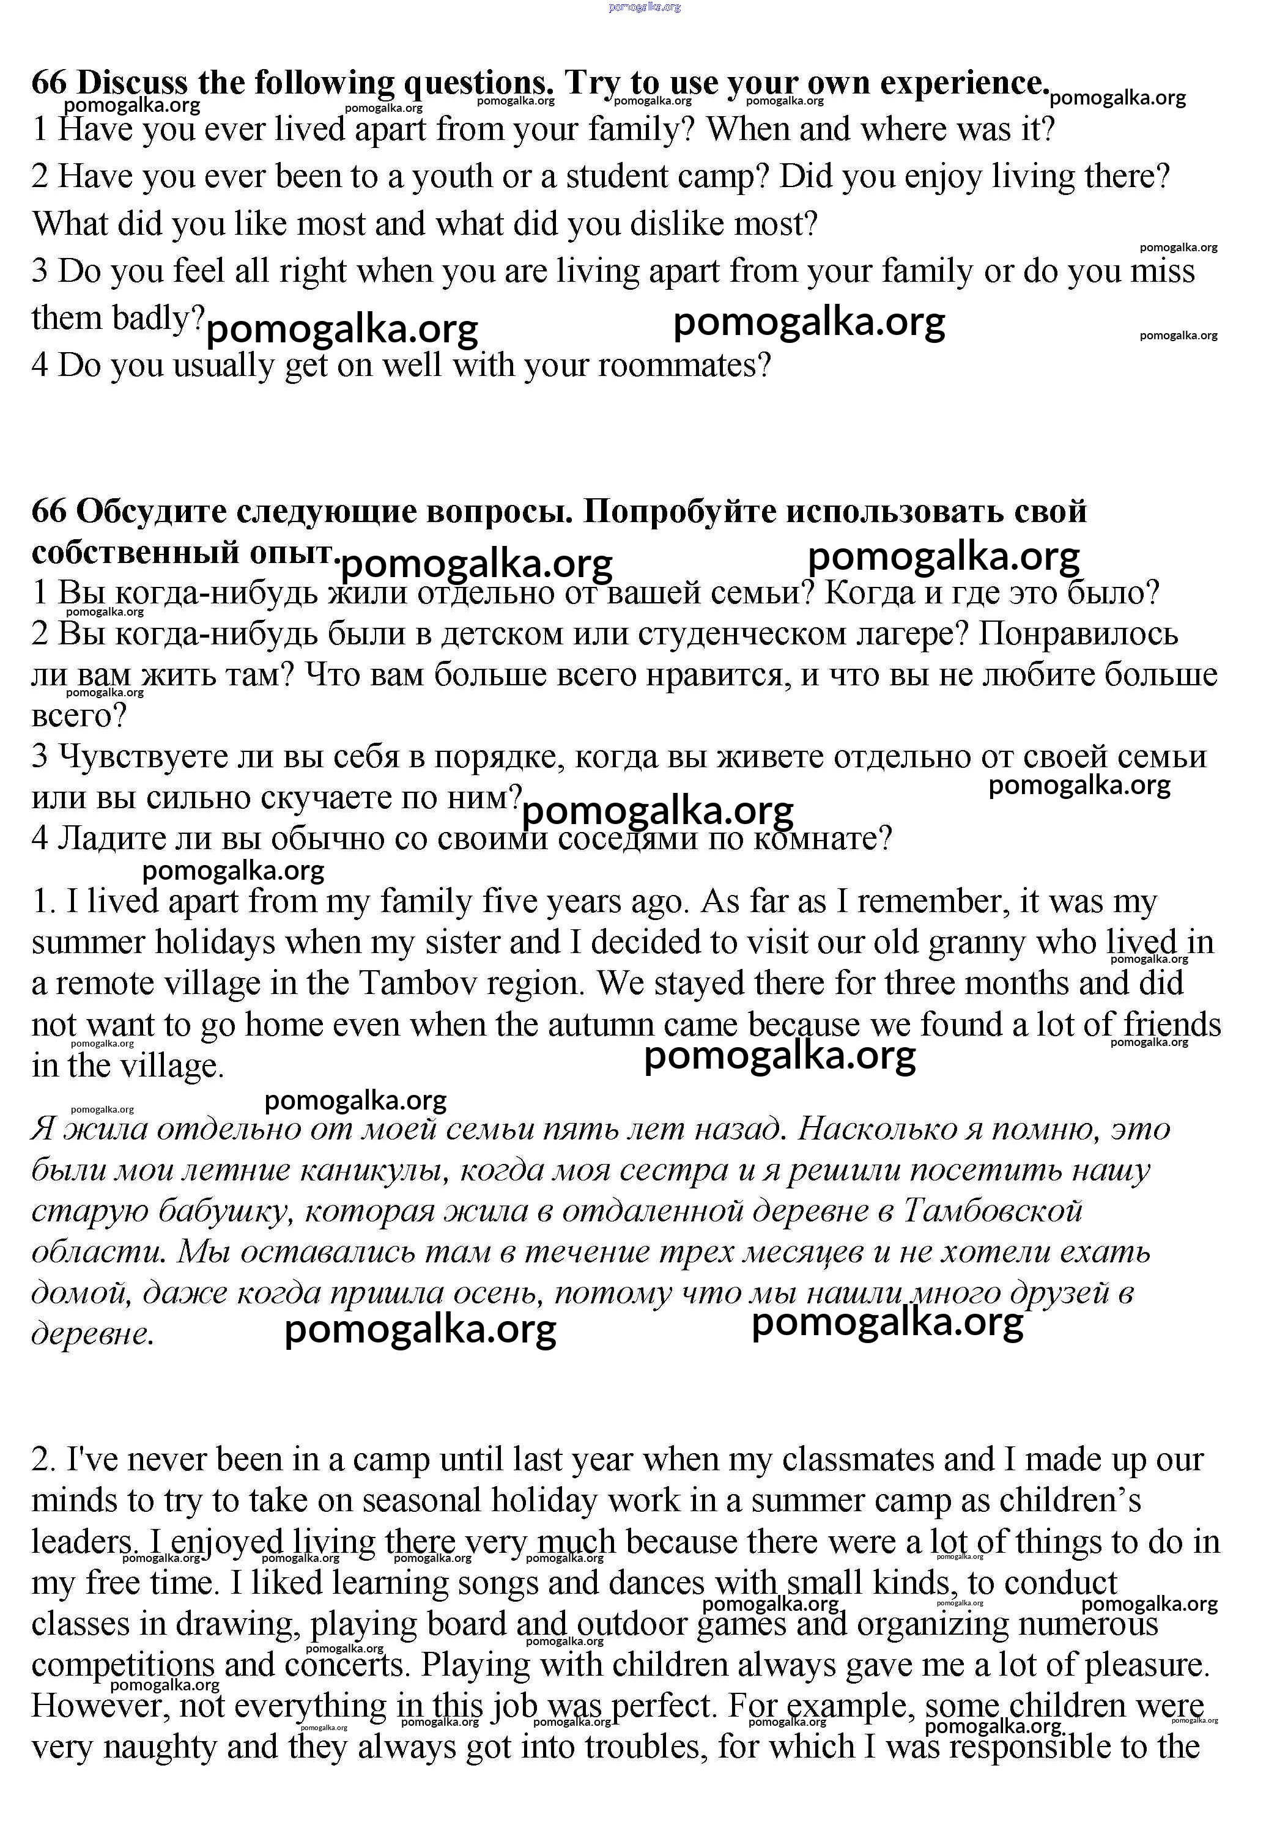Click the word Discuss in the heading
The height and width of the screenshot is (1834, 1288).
[x=133, y=83]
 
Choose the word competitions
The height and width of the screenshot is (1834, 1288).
[x=124, y=1665]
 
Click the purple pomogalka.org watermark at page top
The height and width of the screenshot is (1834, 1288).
[x=644, y=7]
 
